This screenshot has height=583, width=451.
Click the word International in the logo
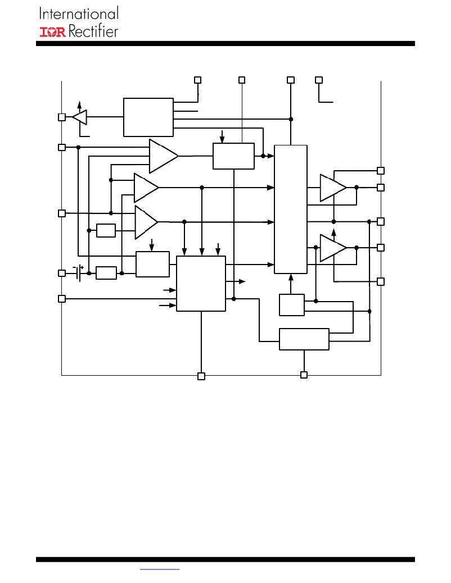[x=79, y=13]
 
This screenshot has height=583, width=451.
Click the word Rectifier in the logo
[x=93, y=31]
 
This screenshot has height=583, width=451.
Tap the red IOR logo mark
[x=53, y=32]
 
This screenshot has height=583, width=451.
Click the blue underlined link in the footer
[x=160, y=569]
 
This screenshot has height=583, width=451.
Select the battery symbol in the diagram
[x=79, y=273]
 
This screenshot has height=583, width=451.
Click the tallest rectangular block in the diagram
[x=291, y=209]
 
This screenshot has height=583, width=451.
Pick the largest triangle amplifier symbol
[x=164, y=156]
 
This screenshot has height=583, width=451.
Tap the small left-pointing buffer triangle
[x=80, y=117]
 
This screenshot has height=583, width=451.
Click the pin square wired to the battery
[x=62, y=274]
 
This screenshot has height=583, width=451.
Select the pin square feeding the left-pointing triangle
[x=62, y=117]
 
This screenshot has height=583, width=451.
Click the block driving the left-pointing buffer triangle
[x=148, y=117]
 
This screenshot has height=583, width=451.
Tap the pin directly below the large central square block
[x=201, y=376]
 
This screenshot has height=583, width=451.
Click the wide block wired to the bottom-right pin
[x=304, y=339]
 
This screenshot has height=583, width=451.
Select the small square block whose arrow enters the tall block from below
[x=292, y=305]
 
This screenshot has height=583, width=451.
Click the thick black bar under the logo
[x=225, y=43]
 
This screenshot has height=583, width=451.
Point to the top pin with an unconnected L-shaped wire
[x=319, y=80]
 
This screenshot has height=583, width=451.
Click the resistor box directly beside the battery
[x=106, y=273]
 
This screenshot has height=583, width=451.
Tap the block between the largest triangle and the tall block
[x=233, y=156]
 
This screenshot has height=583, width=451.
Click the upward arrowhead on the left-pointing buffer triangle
[x=79, y=104]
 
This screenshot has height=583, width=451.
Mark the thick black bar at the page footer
[x=225, y=559]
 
